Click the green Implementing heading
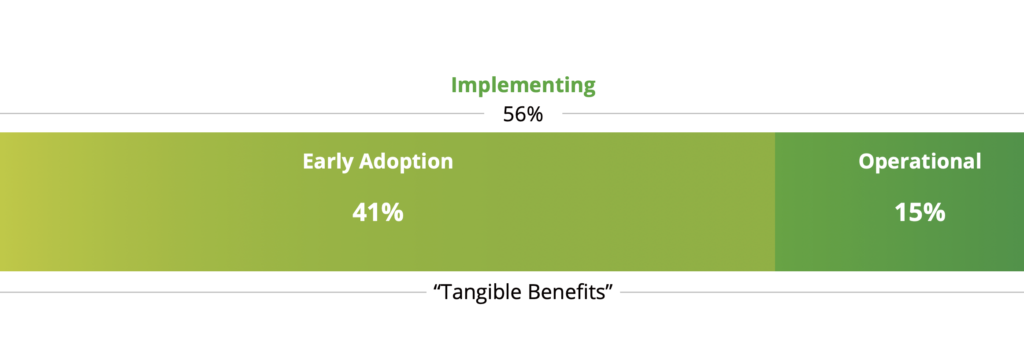(523, 86)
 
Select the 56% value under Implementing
(522, 115)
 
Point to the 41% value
(377, 213)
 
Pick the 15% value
(920, 213)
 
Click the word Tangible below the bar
(480, 292)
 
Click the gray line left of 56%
(242, 114)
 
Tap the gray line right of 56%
(793, 114)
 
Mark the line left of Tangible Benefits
(212, 292)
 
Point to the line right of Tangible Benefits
(822, 292)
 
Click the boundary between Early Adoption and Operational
(775, 202)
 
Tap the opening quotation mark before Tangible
(437, 286)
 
